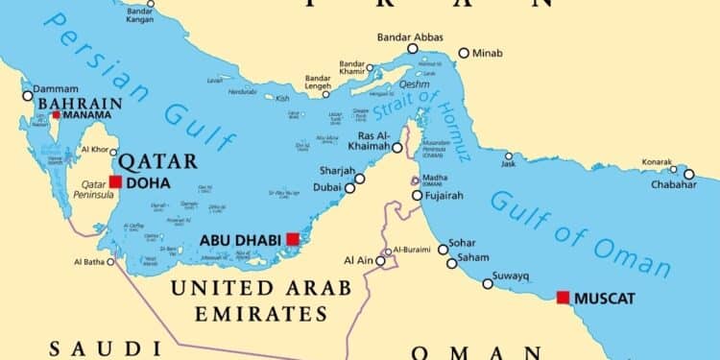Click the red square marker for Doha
click(115, 181)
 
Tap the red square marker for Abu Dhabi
click(292, 239)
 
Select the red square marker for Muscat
click(563, 298)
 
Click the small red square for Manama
click(56, 115)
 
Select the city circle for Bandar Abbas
click(413, 48)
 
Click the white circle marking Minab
click(464, 54)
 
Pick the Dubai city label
click(325, 188)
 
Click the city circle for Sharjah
click(360, 178)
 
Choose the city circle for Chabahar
click(689, 174)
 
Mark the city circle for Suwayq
click(488, 283)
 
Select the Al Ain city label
click(357, 260)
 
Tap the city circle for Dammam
click(27, 95)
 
